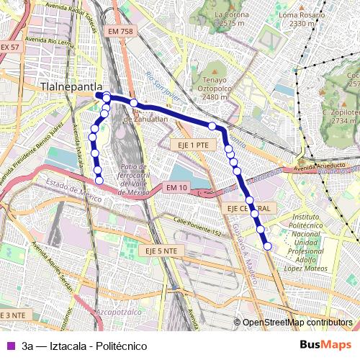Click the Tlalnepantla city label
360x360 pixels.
[68, 85]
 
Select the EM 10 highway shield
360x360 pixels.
[176, 188]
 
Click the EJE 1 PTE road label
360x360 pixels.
[194, 145]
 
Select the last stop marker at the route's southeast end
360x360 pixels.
[268, 246]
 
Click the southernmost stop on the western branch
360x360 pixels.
[99, 180]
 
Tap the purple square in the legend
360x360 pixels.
[9, 346]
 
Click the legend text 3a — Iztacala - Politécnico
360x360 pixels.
[84, 346]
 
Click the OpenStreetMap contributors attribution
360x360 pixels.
[297, 324]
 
